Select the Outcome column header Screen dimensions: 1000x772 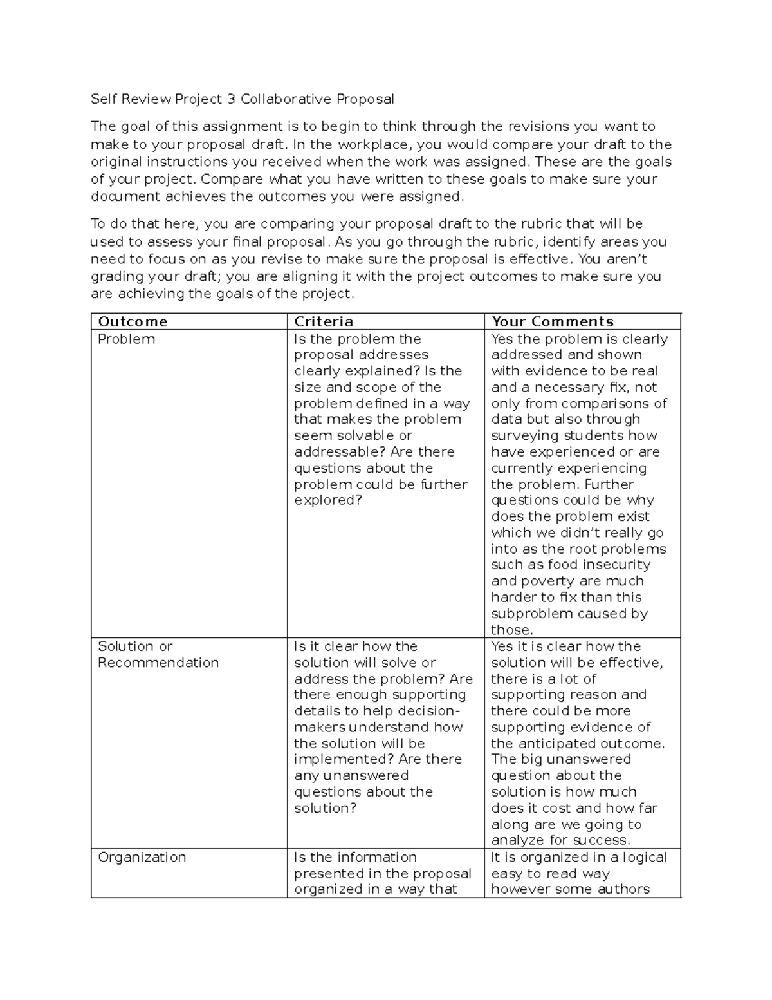tap(133, 322)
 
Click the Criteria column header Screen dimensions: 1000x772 tap(324, 322)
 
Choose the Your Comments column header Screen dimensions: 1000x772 tap(553, 322)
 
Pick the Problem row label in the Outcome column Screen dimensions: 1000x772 tap(126, 339)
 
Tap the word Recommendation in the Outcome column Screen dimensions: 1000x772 tap(158, 663)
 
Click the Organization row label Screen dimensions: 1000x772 tap(142, 858)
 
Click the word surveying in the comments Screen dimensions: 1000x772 tap(521, 436)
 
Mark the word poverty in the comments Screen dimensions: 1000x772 tap(543, 581)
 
